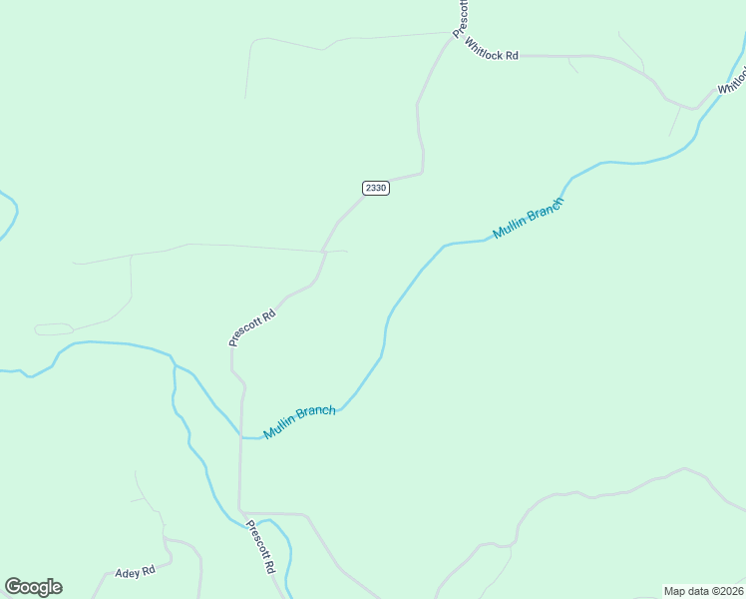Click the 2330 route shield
375,188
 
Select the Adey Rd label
135,572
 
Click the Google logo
33,587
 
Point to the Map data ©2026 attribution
703,591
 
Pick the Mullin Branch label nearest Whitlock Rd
529,219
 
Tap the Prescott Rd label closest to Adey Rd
260,546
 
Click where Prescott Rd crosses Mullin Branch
240,436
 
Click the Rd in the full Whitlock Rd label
512,56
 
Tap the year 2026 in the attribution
728,591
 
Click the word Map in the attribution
675,591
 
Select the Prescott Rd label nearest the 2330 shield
251,326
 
